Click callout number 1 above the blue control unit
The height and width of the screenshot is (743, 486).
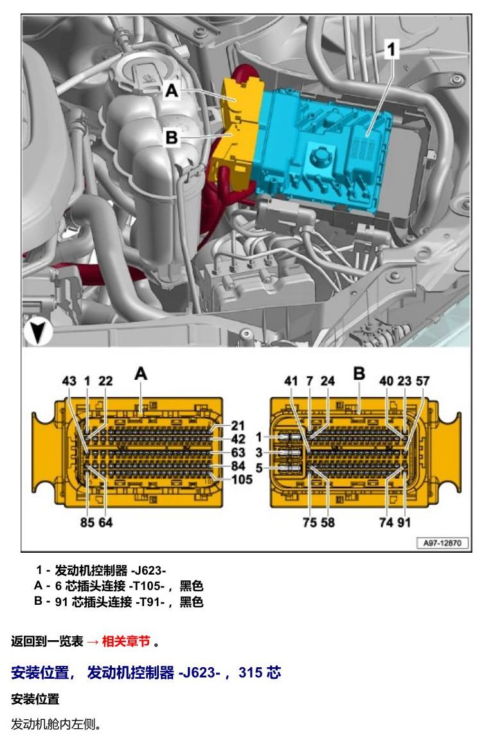pyautogui.click(x=391, y=49)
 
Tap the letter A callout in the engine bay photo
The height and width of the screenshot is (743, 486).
pyautogui.click(x=172, y=90)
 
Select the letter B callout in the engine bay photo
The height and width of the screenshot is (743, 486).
pyautogui.click(x=172, y=138)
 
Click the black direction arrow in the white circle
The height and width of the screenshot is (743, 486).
pyautogui.click(x=37, y=332)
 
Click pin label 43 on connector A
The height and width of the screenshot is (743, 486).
pyautogui.click(x=69, y=381)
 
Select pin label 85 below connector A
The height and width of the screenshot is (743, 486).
pyautogui.click(x=87, y=522)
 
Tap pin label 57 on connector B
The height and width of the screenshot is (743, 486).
pyautogui.click(x=422, y=381)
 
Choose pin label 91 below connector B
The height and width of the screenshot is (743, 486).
pyautogui.click(x=404, y=522)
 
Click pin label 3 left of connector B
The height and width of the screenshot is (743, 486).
pyautogui.click(x=259, y=452)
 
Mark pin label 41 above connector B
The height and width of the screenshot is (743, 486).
pyautogui.click(x=291, y=381)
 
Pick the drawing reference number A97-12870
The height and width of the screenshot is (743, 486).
pyautogui.click(x=442, y=543)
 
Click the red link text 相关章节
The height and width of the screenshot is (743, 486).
pyautogui.click(x=126, y=641)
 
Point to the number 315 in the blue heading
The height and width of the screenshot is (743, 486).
pyautogui.click(x=250, y=672)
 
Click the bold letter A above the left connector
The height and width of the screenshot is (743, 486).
pyautogui.click(x=141, y=374)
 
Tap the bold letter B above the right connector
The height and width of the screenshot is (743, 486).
pyautogui.click(x=359, y=373)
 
